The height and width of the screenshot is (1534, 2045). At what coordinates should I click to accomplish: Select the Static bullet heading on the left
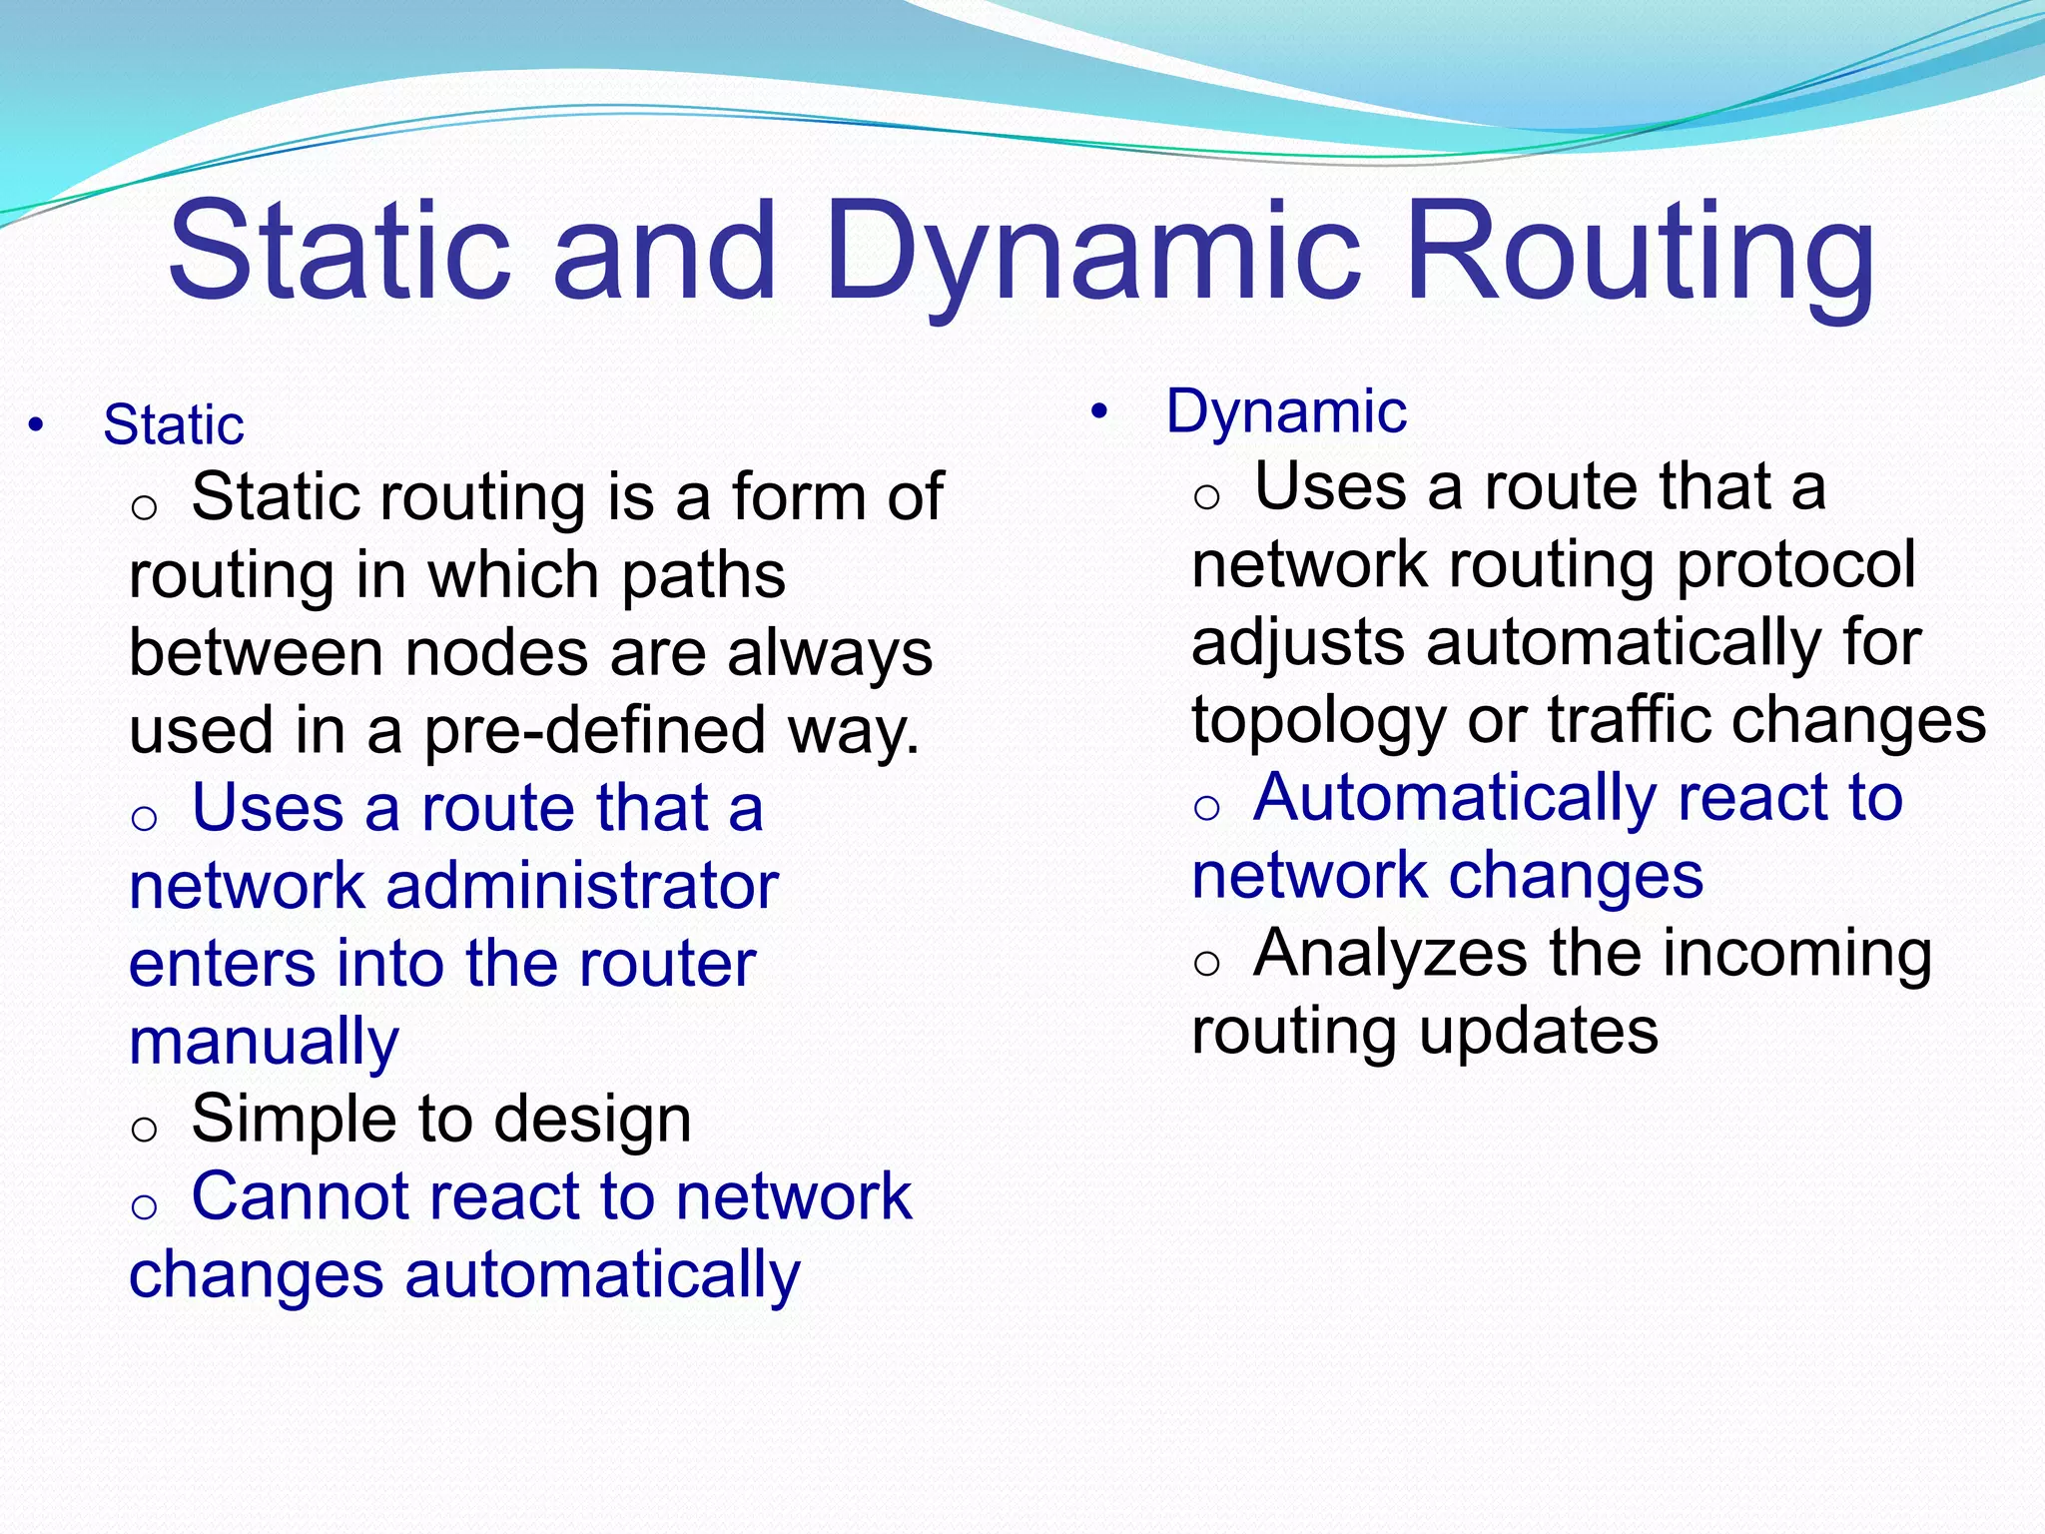[173, 425]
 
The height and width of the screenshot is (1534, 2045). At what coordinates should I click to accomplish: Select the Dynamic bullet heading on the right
[1286, 411]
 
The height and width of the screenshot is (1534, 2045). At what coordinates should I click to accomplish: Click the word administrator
[582, 886]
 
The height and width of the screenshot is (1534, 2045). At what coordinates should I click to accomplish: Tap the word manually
[264, 1043]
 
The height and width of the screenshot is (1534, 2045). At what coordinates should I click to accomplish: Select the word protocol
[1795, 565]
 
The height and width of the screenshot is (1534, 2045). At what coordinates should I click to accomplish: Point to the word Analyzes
[1390, 954]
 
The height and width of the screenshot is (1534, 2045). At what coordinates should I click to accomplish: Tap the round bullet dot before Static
[37, 426]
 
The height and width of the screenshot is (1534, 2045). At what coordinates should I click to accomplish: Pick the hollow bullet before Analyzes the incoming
[1207, 963]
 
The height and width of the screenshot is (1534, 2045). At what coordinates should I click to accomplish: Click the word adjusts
[1298, 643]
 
